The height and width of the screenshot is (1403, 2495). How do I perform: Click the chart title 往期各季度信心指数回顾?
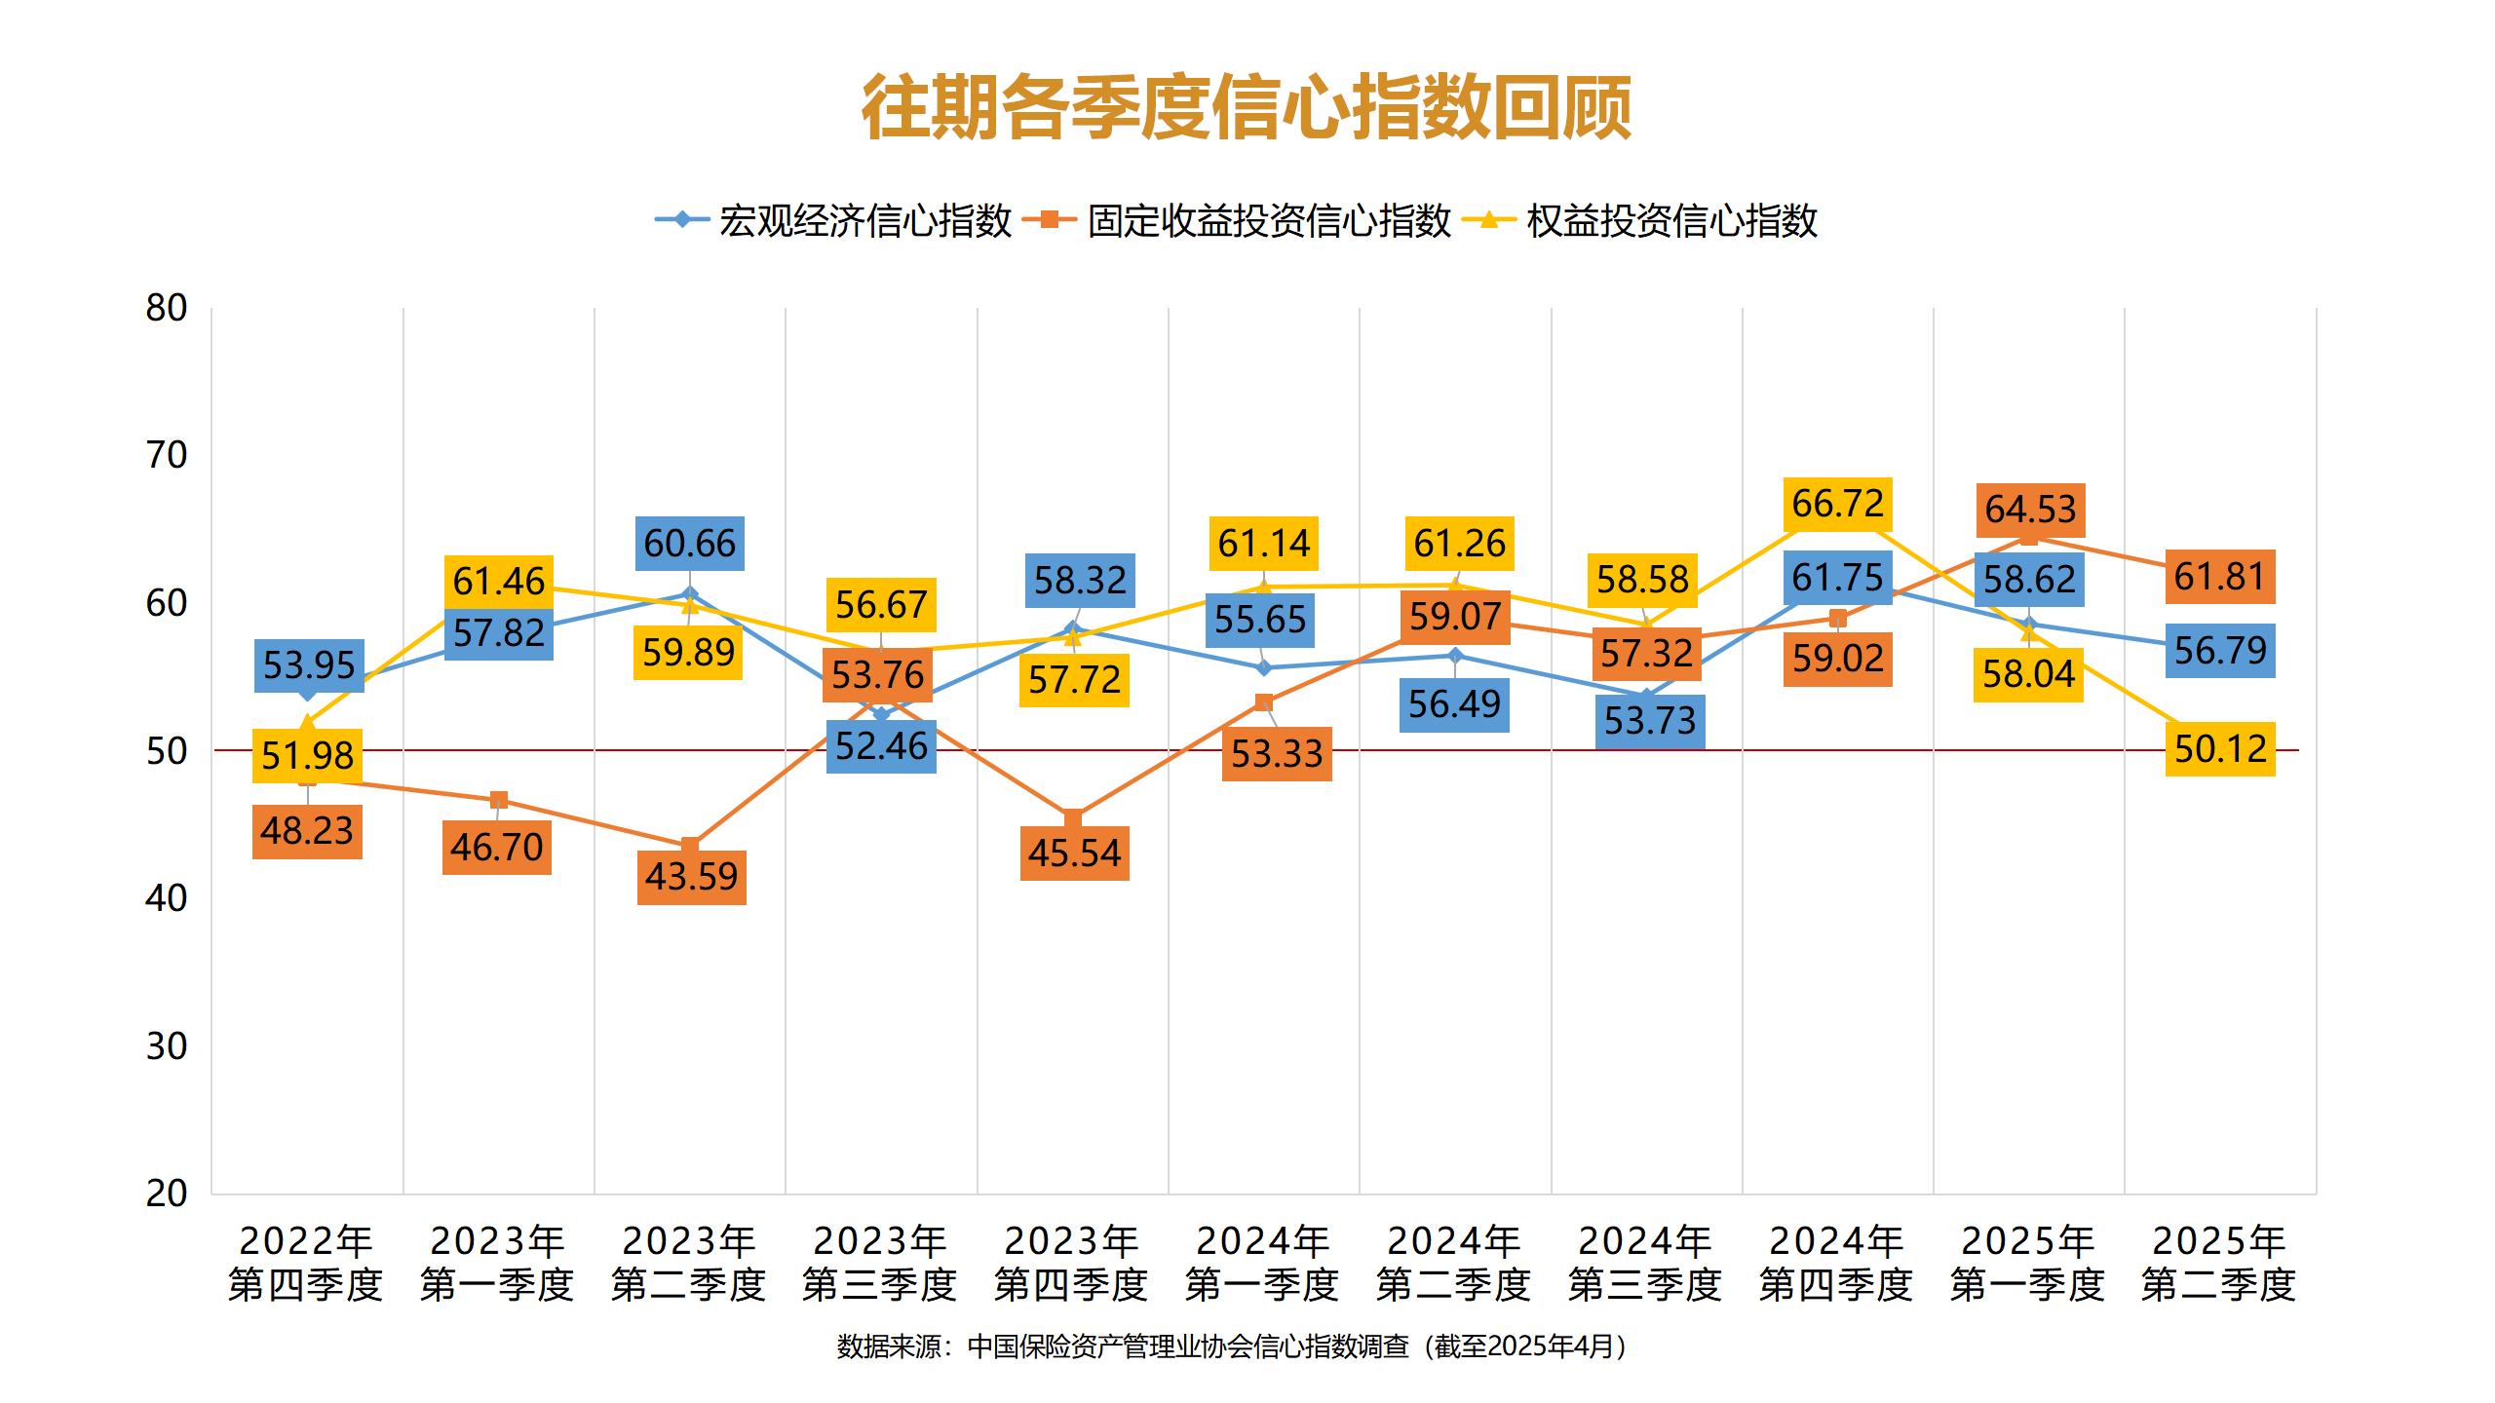click(1247, 107)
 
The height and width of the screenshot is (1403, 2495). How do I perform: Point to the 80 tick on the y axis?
click(167, 308)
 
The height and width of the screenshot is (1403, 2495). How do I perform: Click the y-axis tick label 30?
click(167, 1046)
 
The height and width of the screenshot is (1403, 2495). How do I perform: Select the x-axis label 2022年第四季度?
click(306, 1263)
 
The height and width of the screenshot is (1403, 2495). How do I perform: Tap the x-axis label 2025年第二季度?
click(2218, 1263)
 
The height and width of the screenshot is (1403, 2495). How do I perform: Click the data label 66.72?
click(1838, 504)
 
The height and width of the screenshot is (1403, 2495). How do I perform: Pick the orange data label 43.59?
click(692, 877)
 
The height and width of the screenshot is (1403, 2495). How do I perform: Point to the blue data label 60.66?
click(690, 543)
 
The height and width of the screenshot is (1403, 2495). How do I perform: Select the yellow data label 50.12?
click(2220, 749)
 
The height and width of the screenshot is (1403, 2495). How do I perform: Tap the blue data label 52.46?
click(882, 746)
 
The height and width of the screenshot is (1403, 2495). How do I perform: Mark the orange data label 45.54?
click(1075, 853)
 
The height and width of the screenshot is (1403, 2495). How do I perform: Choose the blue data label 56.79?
click(2220, 650)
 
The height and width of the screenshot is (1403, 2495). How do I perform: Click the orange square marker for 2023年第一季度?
click(498, 801)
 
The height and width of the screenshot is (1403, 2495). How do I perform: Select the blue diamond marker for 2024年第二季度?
click(1455, 656)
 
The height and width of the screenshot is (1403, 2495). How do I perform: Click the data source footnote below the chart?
click(1233, 1346)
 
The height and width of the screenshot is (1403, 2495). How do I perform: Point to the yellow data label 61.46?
click(499, 582)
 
